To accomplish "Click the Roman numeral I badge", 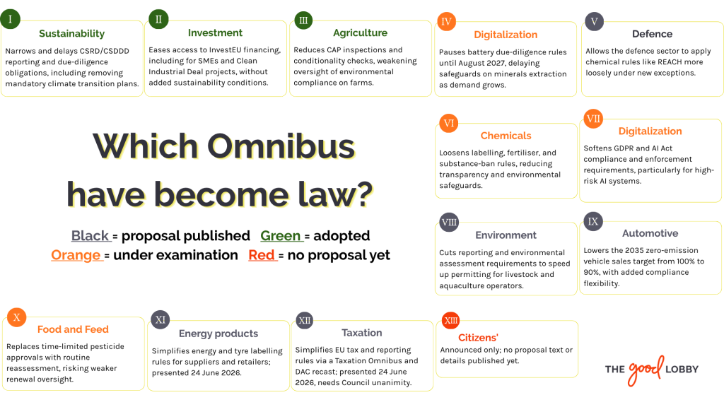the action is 10,19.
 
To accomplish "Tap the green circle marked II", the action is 158,19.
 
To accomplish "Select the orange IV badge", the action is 446,21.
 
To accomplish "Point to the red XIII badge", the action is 450,320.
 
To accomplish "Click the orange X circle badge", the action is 17,317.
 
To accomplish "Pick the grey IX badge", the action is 593,221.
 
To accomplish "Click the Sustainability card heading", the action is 71,34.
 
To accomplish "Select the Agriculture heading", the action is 360,33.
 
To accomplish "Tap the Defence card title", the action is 652,34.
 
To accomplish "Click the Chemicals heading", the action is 506,136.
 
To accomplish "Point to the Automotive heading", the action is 650,233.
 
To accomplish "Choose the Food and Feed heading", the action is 73,329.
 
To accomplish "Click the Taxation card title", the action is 361,333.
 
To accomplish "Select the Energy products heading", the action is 218,334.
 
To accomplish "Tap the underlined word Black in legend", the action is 90,236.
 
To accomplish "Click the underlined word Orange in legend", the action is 76,255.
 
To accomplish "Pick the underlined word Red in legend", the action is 262,255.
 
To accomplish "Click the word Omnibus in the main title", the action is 281,146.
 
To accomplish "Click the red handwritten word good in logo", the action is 646,369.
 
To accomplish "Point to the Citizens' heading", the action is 478,337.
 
